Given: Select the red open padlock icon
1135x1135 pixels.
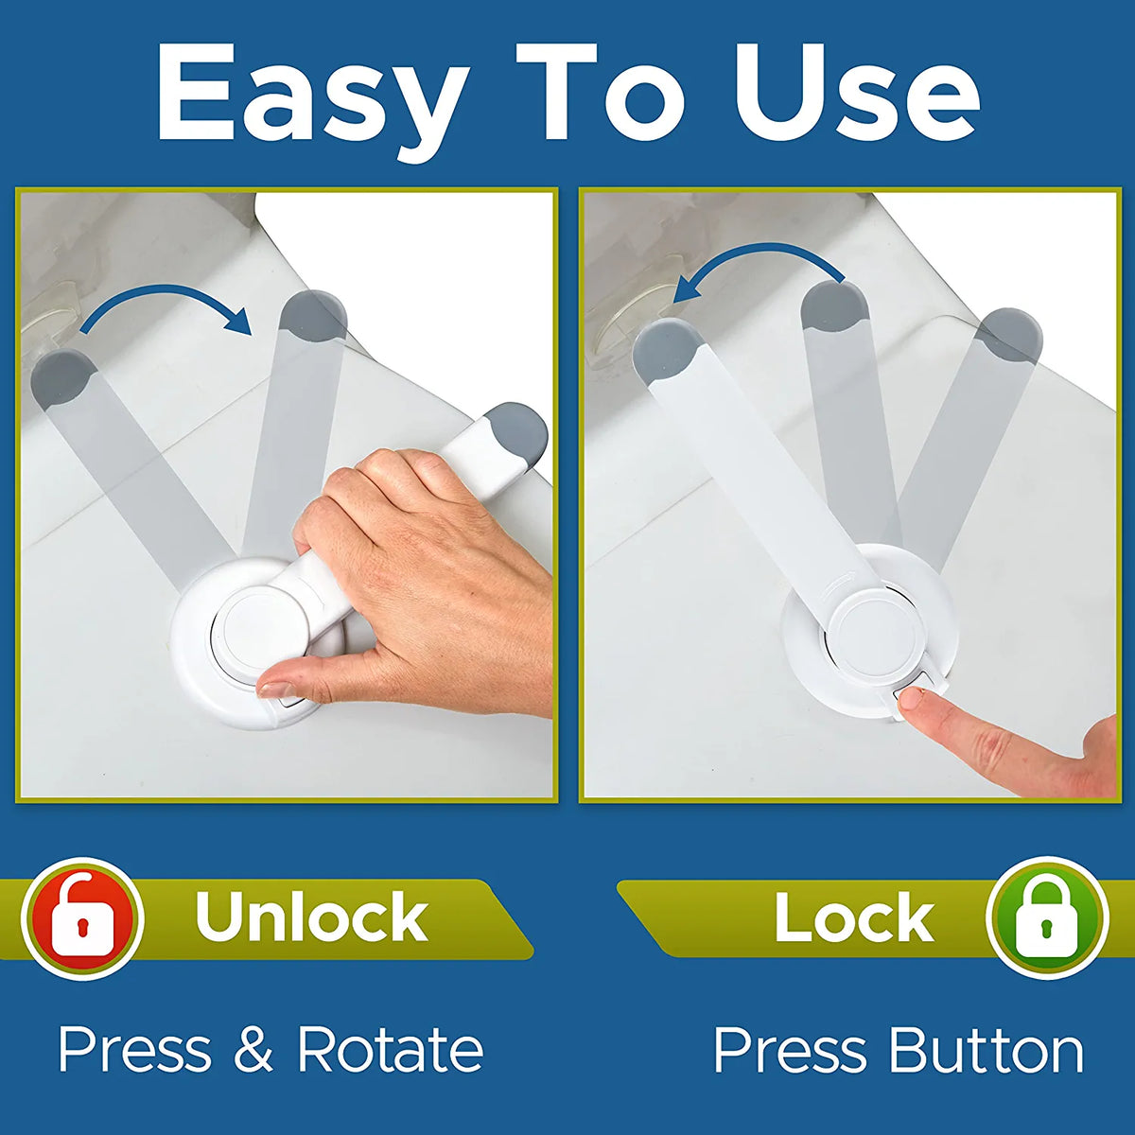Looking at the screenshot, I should pyautogui.click(x=83, y=917).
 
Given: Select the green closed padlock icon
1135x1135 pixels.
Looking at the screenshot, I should pyautogui.click(x=1046, y=917).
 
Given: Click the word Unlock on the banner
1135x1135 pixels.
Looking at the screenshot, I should pyautogui.click(x=311, y=917).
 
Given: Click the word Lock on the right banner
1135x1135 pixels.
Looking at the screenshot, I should pyautogui.click(x=854, y=917).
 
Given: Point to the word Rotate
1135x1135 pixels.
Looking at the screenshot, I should pyautogui.click(x=390, y=1050).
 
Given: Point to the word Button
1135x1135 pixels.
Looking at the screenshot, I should pyautogui.click(x=986, y=1051).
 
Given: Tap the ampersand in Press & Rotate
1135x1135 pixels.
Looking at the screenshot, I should pyautogui.click(x=253, y=1050).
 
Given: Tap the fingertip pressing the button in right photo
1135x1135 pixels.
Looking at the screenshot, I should pyautogui.click(x=914, y=700).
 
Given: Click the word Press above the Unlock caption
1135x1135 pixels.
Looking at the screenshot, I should pyautogui.click(x=134, y=1050).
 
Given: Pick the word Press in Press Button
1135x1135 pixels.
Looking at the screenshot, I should pyautogui.click(x=790, y=1051).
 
